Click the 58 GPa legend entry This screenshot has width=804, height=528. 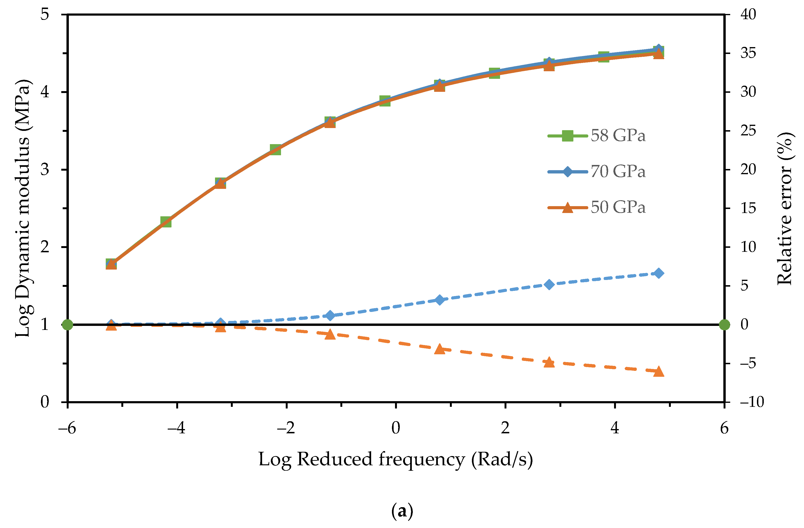[596, 136]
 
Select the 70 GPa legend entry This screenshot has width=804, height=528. [596, 171]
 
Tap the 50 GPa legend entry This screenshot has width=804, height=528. [596, 207]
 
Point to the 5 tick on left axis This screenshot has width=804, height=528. [45, 14]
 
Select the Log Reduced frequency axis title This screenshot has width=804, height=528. [395, 459]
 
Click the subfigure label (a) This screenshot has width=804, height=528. [402, 511]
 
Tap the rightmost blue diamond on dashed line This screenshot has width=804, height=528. [658, 273]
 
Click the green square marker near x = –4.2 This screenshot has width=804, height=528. [166, 222]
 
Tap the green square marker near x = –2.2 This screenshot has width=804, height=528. [275, 149]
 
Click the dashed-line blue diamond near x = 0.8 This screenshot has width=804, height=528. [439, 299]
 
